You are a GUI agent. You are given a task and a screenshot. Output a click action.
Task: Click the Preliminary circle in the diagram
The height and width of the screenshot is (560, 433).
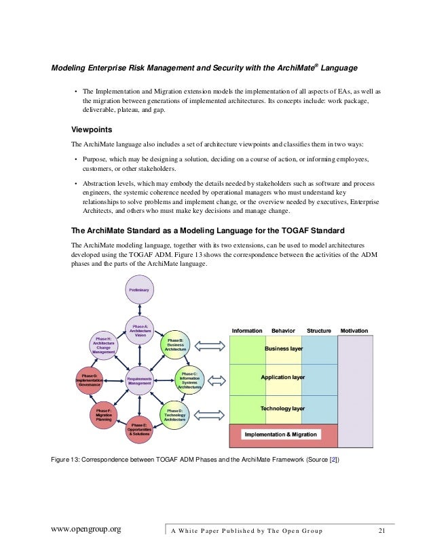click(x=139, y=290)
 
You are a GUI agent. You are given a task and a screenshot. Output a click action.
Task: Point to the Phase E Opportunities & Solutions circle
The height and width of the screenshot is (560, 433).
click(x=139, y=429)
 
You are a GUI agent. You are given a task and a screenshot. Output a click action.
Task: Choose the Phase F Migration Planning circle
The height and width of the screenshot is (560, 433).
click(x=105, y=414)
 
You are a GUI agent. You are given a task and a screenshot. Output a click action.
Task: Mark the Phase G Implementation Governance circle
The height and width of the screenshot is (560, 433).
click(x=88, y=379)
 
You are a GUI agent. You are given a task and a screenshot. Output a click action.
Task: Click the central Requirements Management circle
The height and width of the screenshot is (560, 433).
click(x=139, y=380)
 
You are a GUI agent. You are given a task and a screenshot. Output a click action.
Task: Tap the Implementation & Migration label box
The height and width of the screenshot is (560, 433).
click(x=280, y=435)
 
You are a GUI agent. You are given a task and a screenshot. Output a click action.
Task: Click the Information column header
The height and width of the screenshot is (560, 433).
click(x=247, y=331)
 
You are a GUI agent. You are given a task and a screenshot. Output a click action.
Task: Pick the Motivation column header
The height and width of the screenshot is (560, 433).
click(x=354, y=331)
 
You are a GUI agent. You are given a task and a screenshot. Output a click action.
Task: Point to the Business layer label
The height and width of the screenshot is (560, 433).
click(x=283, y=348)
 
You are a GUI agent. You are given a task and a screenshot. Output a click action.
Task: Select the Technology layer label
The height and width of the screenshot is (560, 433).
click(x=282, y=409)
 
